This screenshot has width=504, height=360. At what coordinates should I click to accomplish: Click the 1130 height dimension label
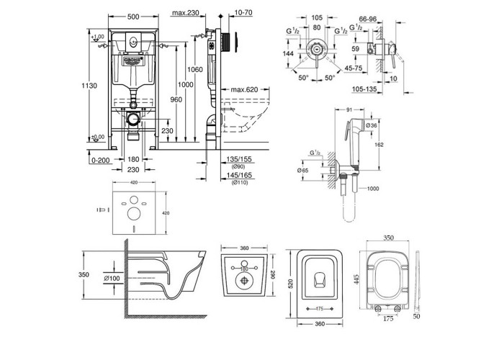point(88,86)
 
